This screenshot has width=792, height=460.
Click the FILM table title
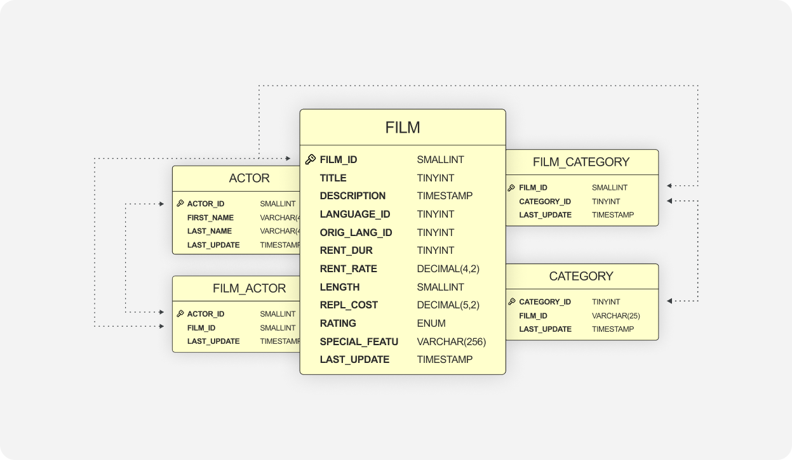pyautogui.click(x=403, y=128)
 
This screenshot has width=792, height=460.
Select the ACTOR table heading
pyautogui.click(x=249, y=178)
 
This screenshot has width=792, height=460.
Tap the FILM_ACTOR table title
pyautogui.click(x=249, y=289)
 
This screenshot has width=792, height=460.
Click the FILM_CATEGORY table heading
pyautogui.click(x=581, y=162)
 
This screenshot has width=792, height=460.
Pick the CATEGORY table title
pyautogui.click(x=581, y=277)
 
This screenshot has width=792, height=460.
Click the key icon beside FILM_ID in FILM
pyautogui.click(x=311, y=160)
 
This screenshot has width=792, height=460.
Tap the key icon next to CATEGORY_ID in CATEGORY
pyautogui.click(x=511, y=302)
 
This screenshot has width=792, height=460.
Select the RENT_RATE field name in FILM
pyautogui.click(x=348, y=269)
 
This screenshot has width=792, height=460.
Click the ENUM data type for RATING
pyautogui.click(x=431, y=324)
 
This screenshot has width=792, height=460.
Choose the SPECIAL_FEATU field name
pyautogui.click(x=359, y=342)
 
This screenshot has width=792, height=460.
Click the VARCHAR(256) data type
pyautogui.click(x=451, y=342)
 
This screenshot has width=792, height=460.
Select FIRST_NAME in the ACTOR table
pyautogui.click(x=210, y=218)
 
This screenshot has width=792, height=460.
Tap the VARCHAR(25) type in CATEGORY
pyautogui.click(x=615, y=316)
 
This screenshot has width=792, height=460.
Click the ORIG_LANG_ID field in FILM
pyautogui.click(x=356, y=233)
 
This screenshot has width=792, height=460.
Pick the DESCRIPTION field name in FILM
pyautogui.click(x=352, y=196)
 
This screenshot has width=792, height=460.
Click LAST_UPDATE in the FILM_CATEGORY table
pyautogui.click(x=545, y=215)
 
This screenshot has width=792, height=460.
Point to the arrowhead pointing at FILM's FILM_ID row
pyautogui.click(x=288, y=158)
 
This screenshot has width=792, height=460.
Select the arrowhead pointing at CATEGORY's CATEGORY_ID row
pyautogui.click(x=669, y=301)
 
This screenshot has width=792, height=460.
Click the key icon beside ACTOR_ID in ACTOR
pyautogui.click(x=180, y=204)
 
